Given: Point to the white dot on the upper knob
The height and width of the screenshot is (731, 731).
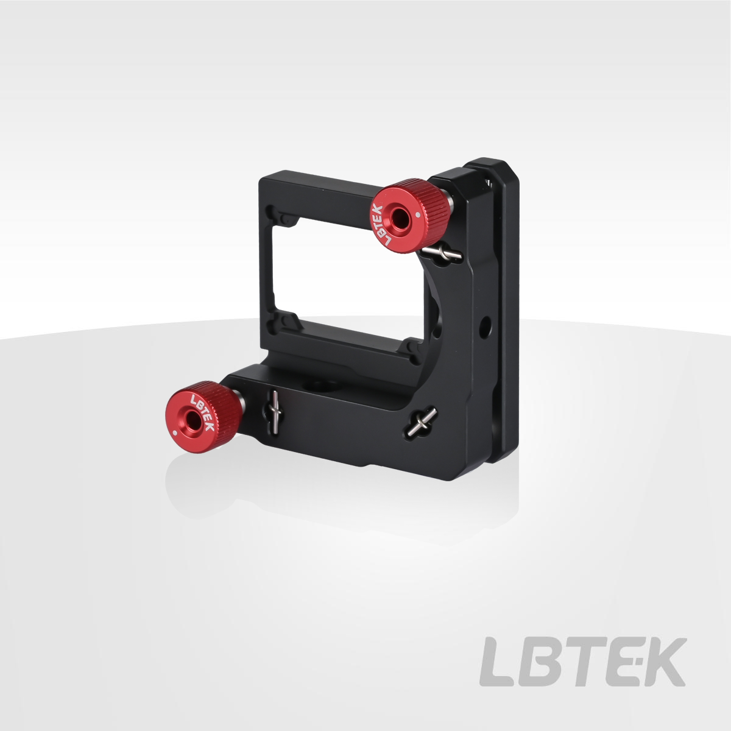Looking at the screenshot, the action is coord(418,214).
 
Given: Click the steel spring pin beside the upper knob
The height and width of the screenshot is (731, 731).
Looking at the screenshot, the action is coord(442,253).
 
